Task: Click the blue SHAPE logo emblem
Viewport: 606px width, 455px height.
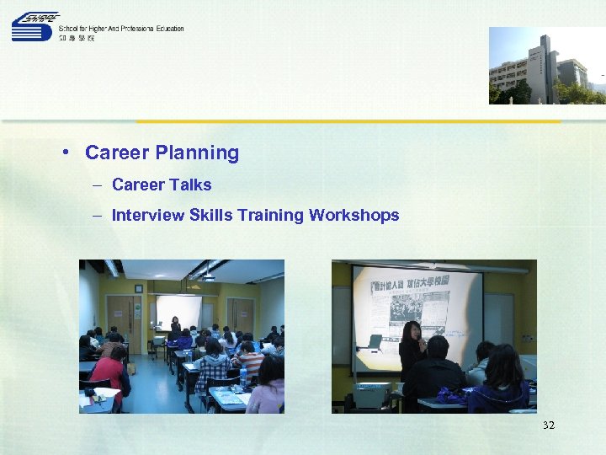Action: pos(35,27)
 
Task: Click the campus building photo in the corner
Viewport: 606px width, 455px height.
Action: pos(546,66)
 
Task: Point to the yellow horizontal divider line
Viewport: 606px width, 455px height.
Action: pos(348,121)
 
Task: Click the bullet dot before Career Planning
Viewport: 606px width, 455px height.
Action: pos(65,153)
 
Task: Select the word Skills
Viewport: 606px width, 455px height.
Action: pos(211,216)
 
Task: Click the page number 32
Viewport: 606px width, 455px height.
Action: pos(549,426)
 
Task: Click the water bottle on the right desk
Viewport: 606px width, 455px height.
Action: pos(243,376)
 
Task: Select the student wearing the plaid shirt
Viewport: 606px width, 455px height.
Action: pos(213,367)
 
